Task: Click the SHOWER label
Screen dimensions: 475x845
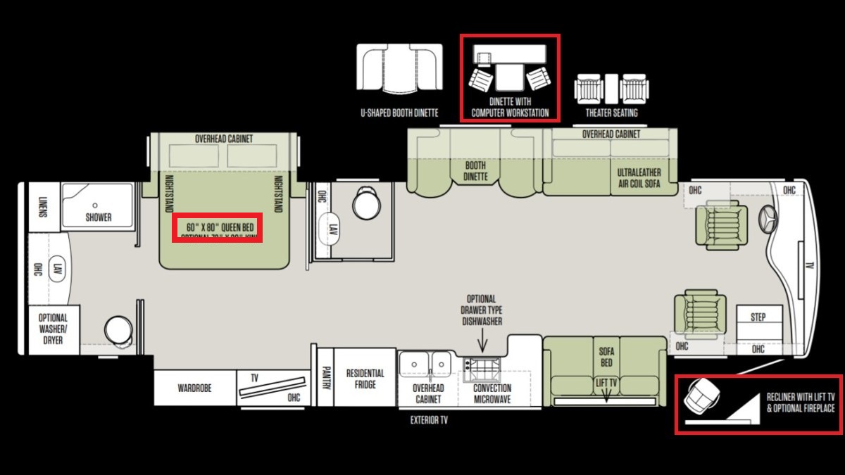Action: (x=99, y=217)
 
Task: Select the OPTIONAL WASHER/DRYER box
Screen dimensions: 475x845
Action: (x=53, y=329)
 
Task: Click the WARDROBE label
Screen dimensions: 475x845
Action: (x=194, y=388)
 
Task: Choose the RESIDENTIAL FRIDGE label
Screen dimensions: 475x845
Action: (x=365, y=379)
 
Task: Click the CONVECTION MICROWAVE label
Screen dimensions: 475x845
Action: (x=492, y=393)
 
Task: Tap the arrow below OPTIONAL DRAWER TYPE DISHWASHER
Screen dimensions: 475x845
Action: (x=482, y=343)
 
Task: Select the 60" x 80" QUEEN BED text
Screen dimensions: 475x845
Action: (x=218, y=227)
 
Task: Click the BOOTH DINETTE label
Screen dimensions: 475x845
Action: (x=475, y=171)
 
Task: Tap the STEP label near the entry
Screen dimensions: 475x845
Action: (x=758, y=317)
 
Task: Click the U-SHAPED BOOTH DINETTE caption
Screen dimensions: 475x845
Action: (x=399, y=113)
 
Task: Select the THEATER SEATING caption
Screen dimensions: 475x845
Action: (x=611, y=113)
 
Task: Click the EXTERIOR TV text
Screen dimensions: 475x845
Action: (x=429, y=421)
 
